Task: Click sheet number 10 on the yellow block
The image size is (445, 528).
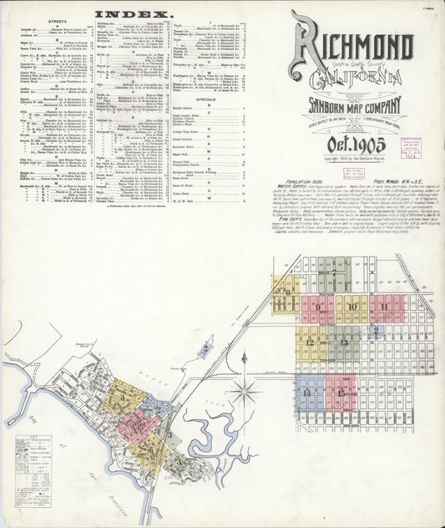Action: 351,307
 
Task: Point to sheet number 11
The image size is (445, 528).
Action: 385,307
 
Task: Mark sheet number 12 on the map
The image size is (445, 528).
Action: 311,342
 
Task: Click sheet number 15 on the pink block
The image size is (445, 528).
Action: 340,390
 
